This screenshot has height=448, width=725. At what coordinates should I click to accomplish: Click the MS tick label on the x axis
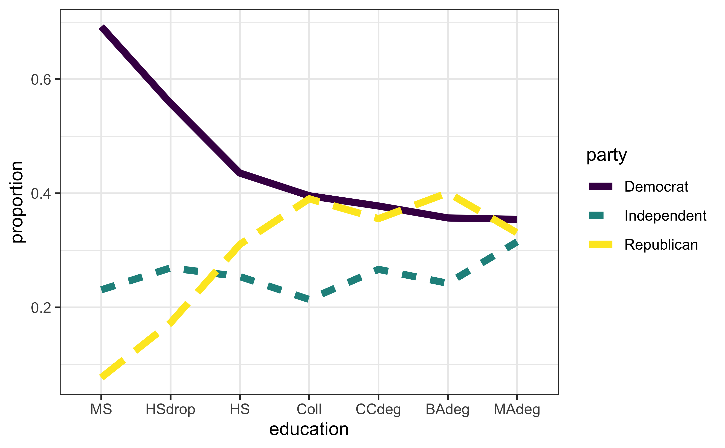click(x=101, y=410)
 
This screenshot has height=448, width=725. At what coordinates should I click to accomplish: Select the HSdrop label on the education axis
click(x=170, y=410)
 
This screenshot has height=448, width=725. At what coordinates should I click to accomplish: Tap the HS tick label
click(x=240, y=410)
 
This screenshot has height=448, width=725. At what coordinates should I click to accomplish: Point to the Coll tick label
click(x=309, y=410)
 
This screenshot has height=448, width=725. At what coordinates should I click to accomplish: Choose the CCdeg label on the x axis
click(x=378, y=410)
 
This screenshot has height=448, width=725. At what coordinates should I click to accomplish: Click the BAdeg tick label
click(x=447, y=410)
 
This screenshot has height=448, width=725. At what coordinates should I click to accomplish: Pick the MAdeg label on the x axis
click(x=517, y=410)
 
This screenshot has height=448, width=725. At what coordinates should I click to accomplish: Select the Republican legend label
click(x=661, y=245)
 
